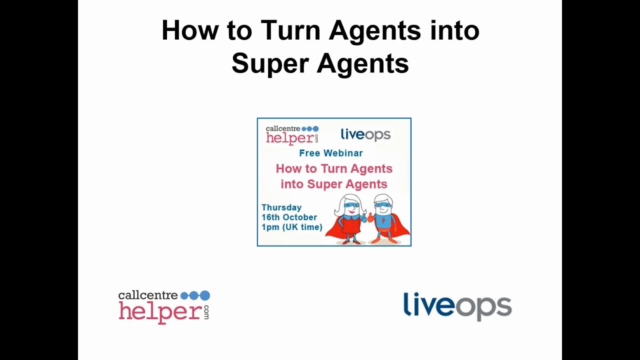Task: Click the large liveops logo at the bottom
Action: tap(457, 305)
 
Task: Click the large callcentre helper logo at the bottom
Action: tap(164, 306)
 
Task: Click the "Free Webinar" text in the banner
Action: tap(331, 153)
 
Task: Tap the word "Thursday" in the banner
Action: tap(281, 207)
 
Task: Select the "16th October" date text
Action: tap(289, 217)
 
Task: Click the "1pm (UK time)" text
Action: tap(292, 227)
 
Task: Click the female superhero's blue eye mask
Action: tap(350, 205)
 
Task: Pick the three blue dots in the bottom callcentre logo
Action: tap(195, 295)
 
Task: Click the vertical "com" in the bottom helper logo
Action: tap(206, 312)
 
